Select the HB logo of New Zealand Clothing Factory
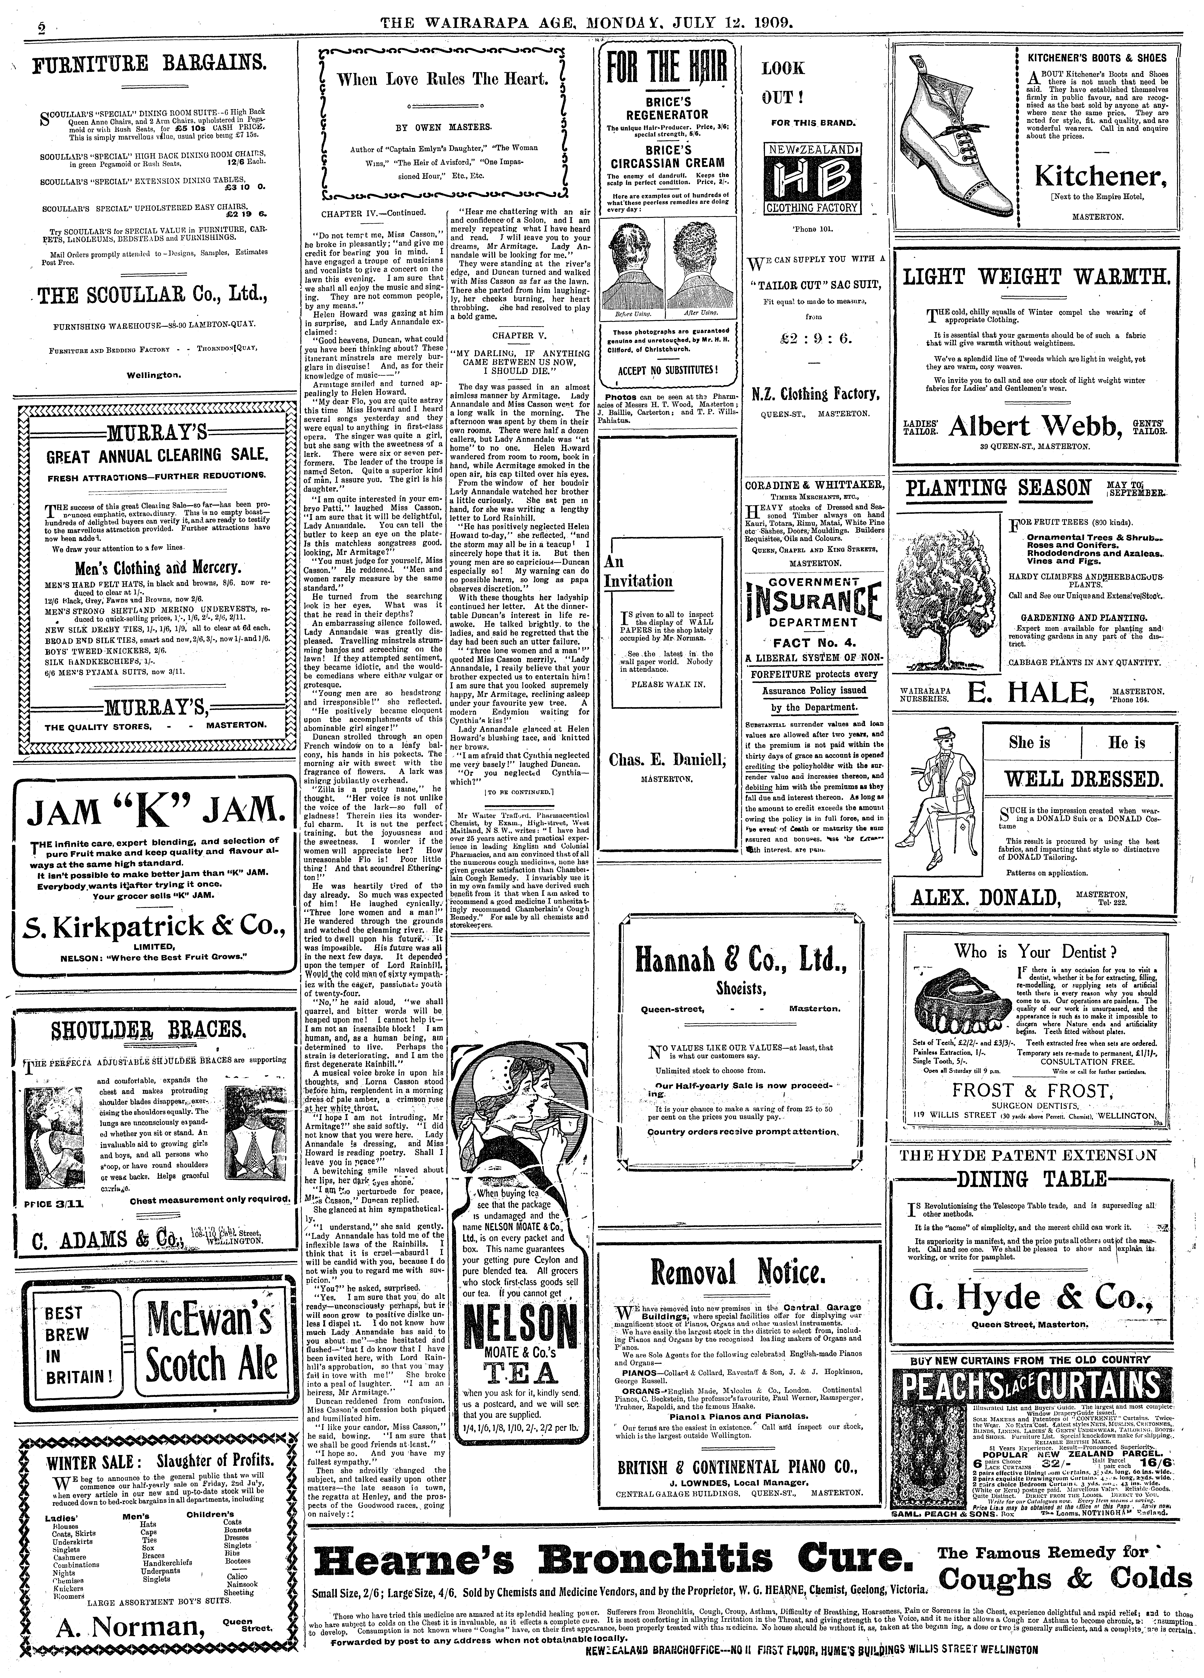point(813,178)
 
